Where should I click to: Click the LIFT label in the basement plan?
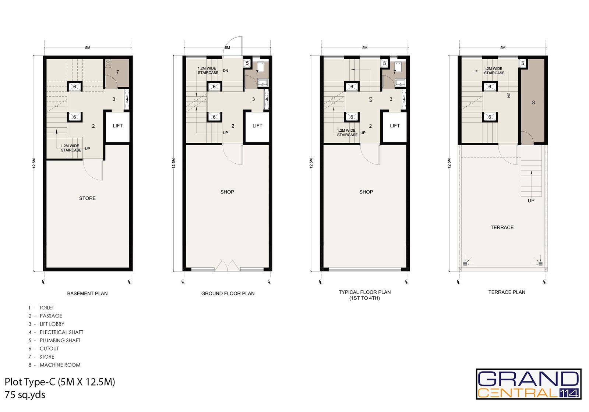pyautogui.click(x=117, y=126)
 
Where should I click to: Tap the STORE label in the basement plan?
pyautogui.click(x=87, y=198)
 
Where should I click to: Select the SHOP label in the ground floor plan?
pyautogui.click(x=227, y=192)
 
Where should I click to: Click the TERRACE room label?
pyautogui.click(x=502, y=228)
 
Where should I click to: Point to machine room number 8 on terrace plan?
pyautogui.click(x=533, y=103)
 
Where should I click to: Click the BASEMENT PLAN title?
pyautogui.click(x=87, y=294)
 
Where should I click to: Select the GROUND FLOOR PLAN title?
pyautogui.click(x=228, y=294)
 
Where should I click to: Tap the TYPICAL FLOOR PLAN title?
pyautogui.click(x=365, y=292)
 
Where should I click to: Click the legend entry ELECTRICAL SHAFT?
pyautogui.click(x=61, y=333)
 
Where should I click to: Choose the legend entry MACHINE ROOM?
pyautogui.click(x=60, y=365)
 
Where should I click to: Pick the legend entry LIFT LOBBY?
pyautogui.click(x=52, y=324)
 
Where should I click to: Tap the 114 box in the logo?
pyautogui.click(x=569, y=393)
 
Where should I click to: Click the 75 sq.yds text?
pyautogui.click(x=25, y=395)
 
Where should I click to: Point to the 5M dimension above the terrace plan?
pyautogui.click(x=503, y=48)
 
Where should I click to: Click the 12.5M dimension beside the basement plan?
pyautogui.click(x=34, y=163)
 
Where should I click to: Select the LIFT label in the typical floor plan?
pyautogui.click(x=395, y=126)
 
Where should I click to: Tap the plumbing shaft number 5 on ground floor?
pyautogui.click(x=247, y=63)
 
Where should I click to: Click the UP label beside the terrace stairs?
pyautogui.click(x=531, y=201)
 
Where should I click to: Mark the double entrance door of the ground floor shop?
pyautogui.click(x=227, y=265)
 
